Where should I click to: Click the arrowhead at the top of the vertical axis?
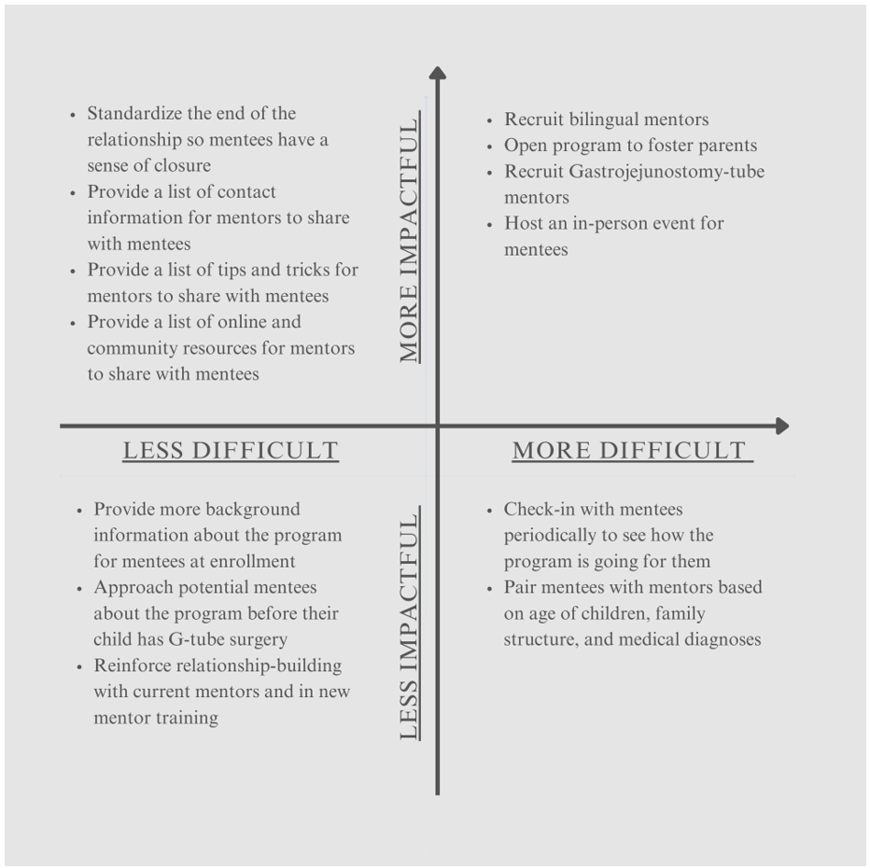click(437, 73)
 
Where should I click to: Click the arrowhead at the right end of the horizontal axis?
click(781, 426)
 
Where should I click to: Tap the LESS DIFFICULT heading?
click(231, 451)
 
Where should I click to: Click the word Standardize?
click(134, 113)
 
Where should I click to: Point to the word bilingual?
click(605, 119)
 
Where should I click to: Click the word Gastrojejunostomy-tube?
click(667, 172)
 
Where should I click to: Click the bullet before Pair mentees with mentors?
click(489, 588)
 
